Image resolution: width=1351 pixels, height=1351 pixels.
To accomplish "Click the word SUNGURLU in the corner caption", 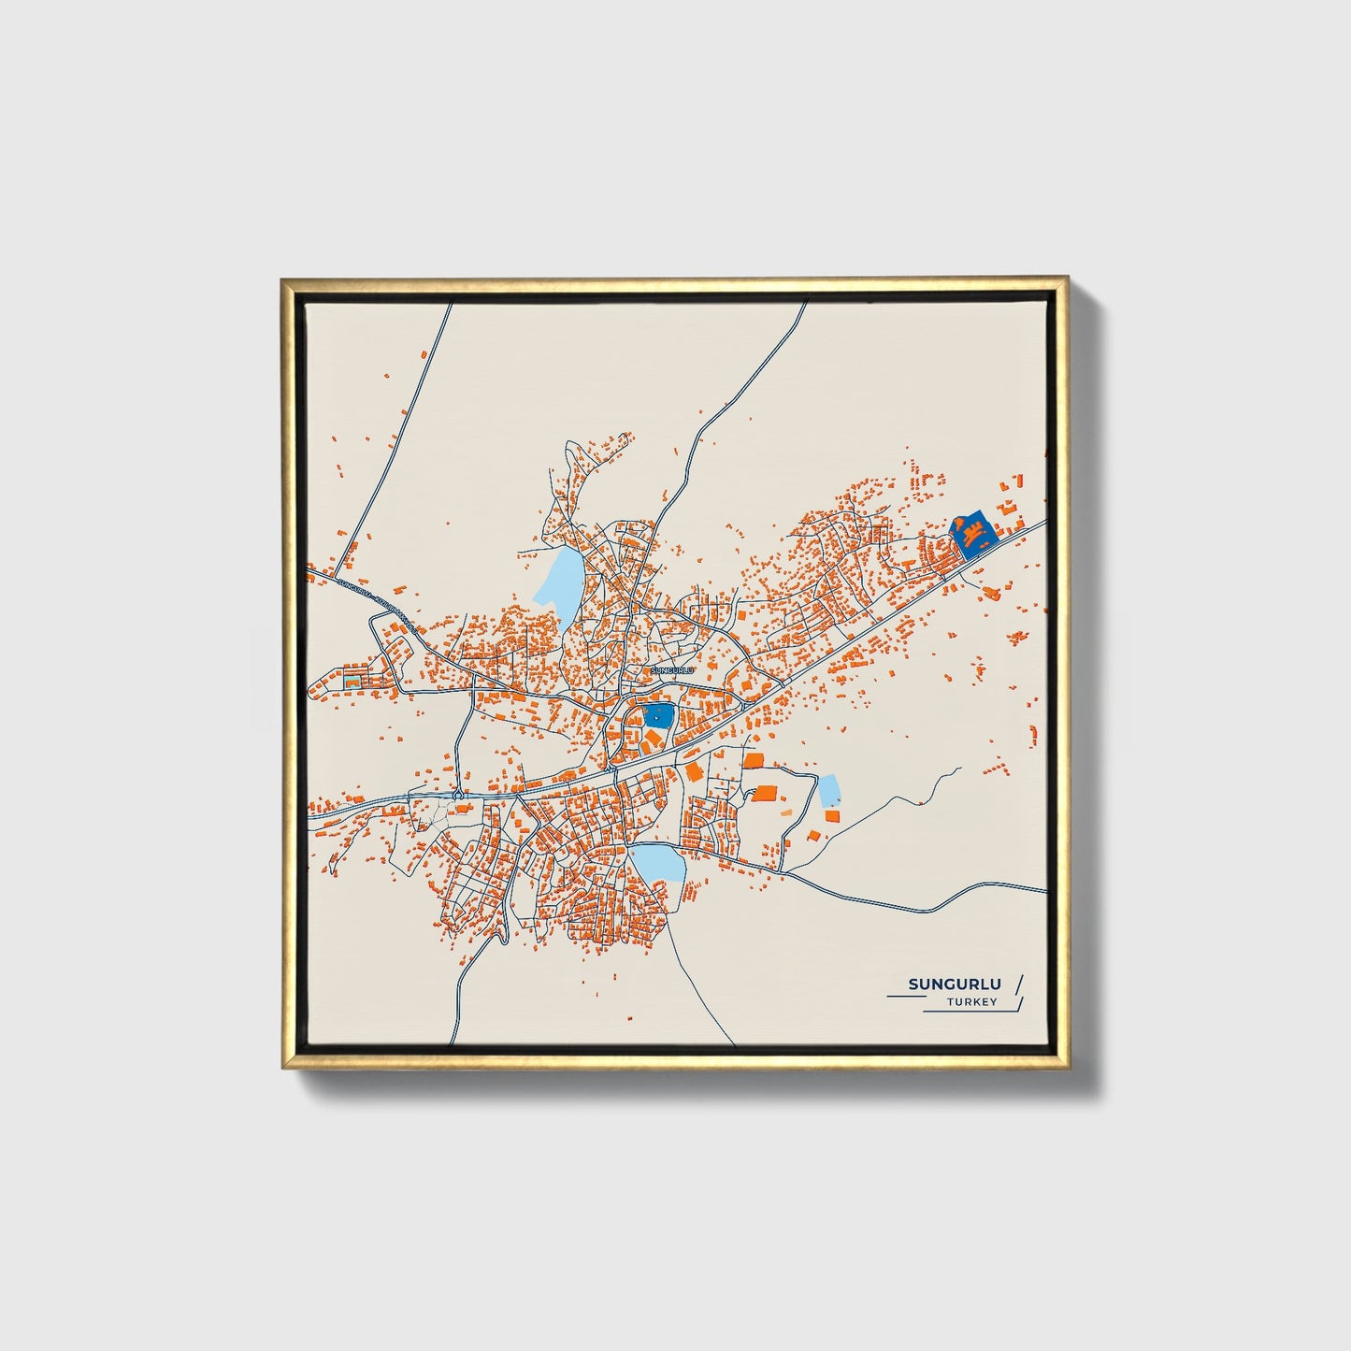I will point(955,984).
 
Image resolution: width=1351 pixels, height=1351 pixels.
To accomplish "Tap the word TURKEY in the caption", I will point(971,1002).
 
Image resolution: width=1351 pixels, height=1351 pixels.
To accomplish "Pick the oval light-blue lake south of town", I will point(659,863).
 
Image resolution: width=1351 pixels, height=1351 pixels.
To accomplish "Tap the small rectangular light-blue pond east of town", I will point(828,790).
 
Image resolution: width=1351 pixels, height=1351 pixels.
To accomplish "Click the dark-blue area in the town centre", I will point(659,716).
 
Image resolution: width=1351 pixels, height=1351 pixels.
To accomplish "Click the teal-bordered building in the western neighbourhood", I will point(352,681).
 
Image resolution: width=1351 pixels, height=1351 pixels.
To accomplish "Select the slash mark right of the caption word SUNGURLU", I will point(1018,984).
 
